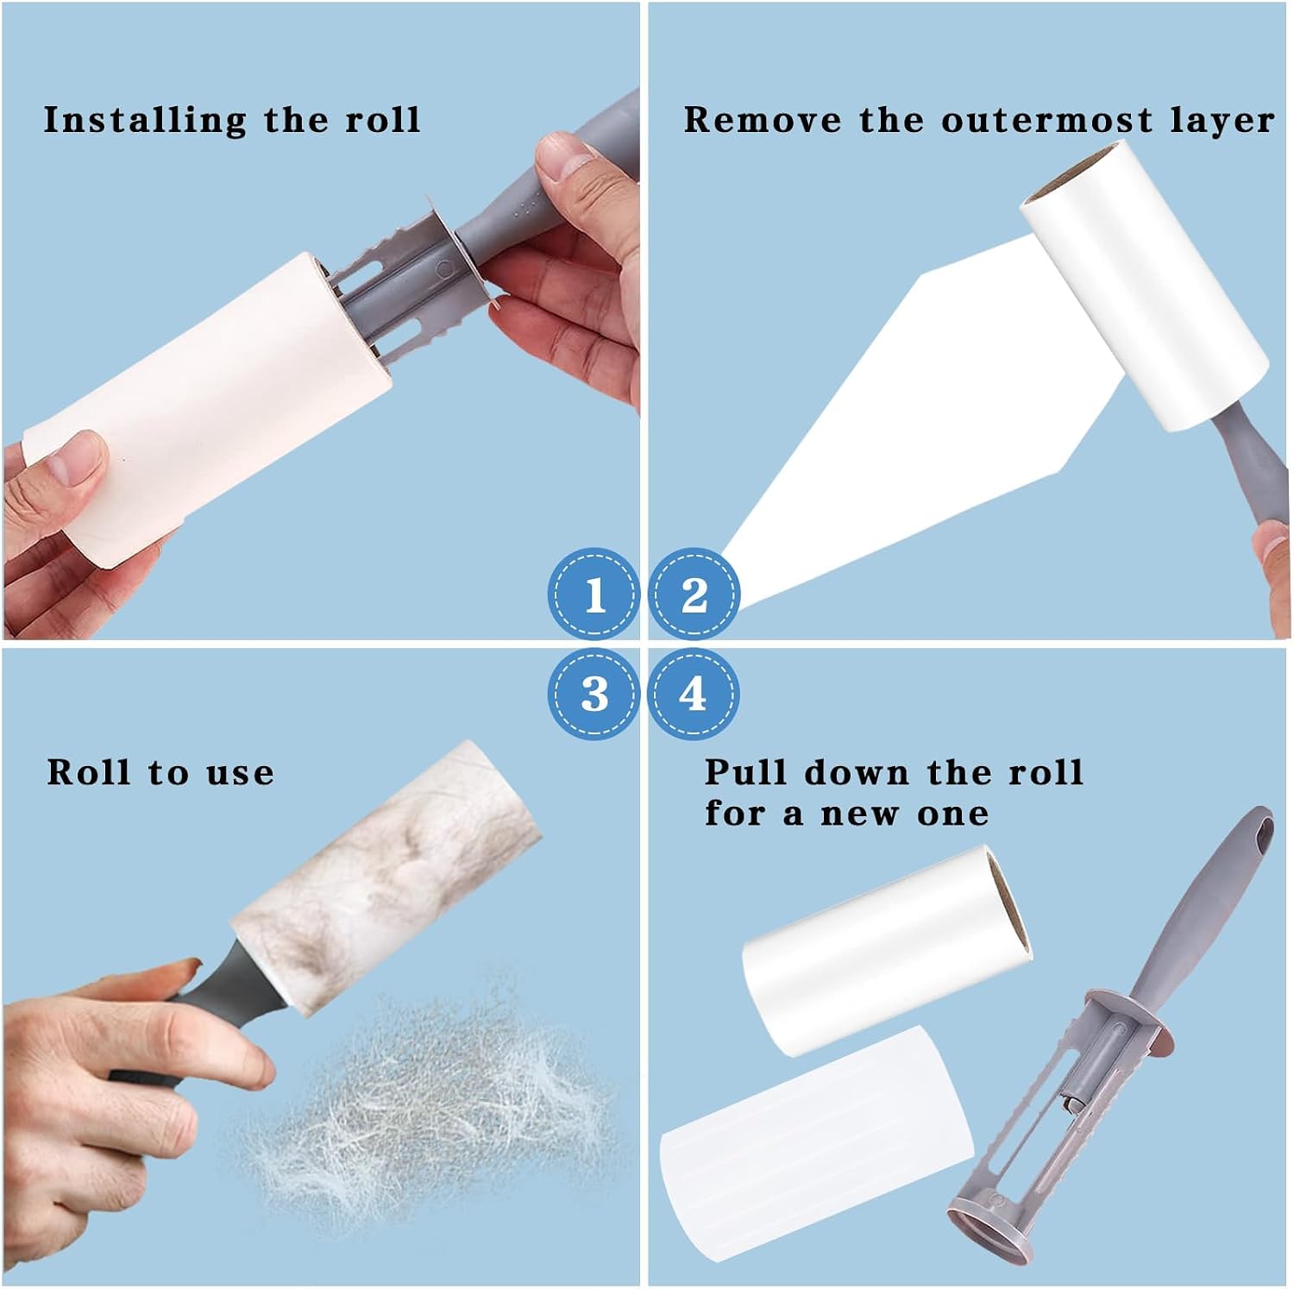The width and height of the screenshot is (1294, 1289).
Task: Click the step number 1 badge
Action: coord(594,594)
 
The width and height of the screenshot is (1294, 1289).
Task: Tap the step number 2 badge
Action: coord(694,594)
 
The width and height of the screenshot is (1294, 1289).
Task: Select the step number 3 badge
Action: coord(594,694)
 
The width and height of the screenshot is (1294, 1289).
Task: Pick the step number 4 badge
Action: coord(694,694)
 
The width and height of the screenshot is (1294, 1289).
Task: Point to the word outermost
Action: coord(1046,120)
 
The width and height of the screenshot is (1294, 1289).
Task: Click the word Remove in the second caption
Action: coord(762,120)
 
